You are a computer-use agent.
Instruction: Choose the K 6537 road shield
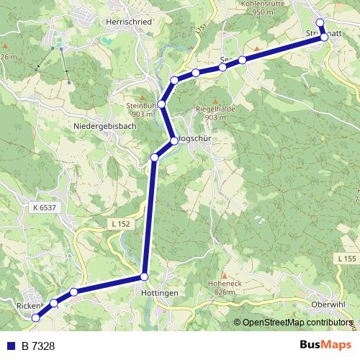coord(44,207)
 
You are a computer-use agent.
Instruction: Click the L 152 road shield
coord(121,225)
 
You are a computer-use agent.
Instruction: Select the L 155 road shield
coord(346,258)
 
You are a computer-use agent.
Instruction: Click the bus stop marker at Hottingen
coord(144,276)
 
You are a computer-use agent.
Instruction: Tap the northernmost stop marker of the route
coord(320,22)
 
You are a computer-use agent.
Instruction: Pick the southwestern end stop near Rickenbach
coord(35,318)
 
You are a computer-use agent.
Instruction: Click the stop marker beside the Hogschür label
coord(174,140)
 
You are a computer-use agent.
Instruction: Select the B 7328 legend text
coord(38,346)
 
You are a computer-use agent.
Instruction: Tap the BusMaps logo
coord(325,345)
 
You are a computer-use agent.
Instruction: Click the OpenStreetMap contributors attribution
coord(295,323)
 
